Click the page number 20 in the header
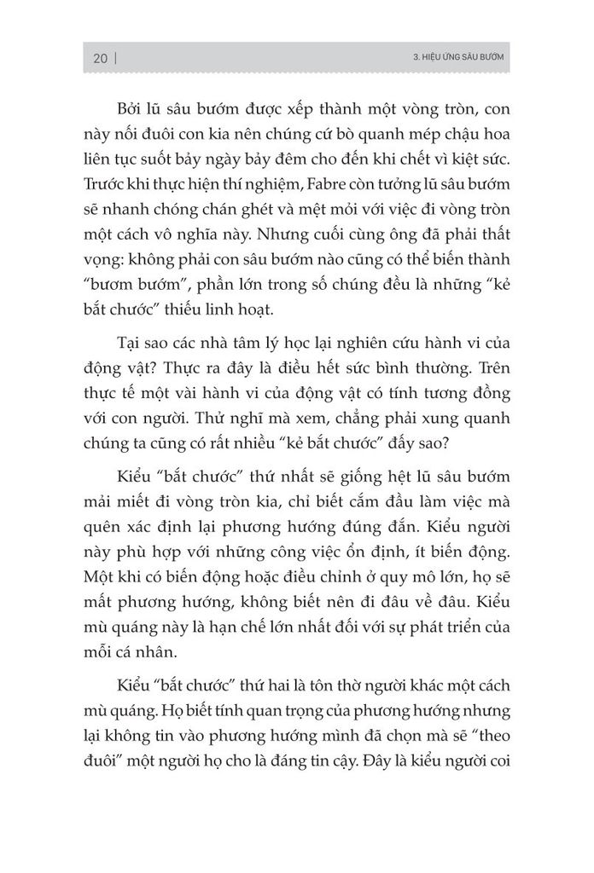[x=99, y=58]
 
